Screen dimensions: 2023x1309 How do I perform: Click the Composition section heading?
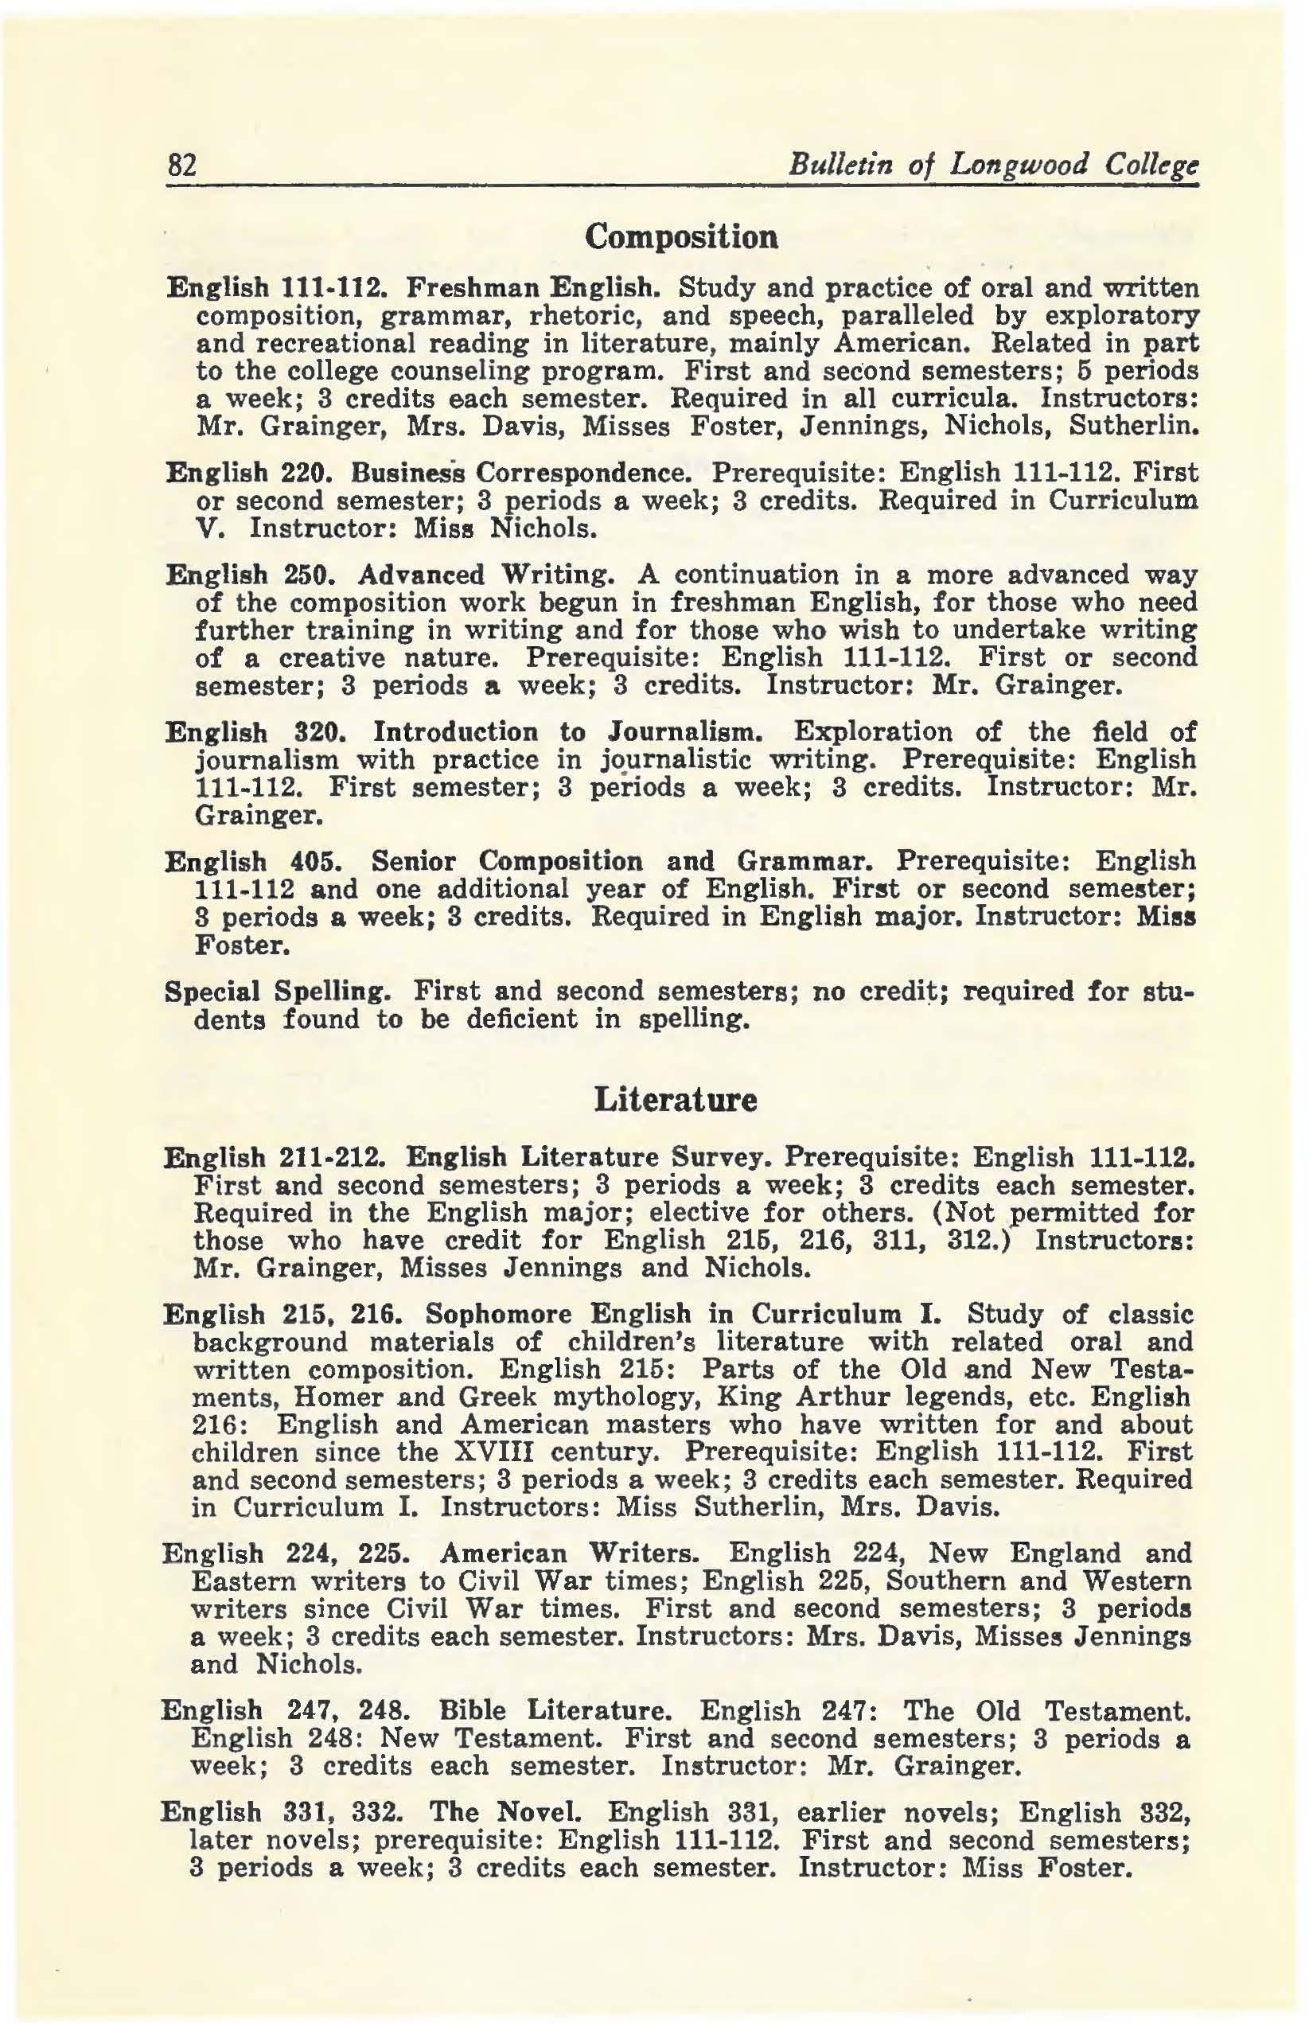pos(682,236)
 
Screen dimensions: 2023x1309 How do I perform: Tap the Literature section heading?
pos(675,1099)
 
